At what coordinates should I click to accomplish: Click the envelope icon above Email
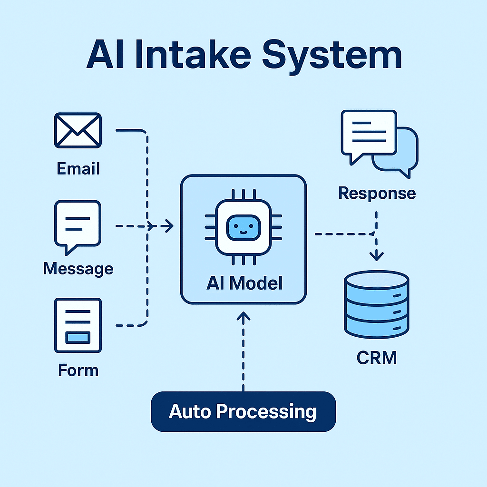[78, 130]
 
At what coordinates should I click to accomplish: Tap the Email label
[78, 169]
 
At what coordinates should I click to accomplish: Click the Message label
[78, 269]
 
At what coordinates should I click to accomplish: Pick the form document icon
[78, 325]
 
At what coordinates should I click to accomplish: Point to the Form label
[78, 370]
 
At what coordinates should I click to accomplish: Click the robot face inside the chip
[243, 226]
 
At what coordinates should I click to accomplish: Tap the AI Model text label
[244, 283]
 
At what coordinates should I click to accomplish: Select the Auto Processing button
[243, 411]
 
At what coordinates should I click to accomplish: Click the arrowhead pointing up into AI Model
[243, 316]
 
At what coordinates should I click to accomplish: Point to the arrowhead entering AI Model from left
[167, 226]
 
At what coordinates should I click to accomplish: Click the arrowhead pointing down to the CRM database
[376, 256]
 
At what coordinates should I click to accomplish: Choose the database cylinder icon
[376, 304]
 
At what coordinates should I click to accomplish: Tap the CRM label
[376, 358]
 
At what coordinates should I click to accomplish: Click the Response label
[377, 194]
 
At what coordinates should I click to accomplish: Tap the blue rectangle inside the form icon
[78, 337]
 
